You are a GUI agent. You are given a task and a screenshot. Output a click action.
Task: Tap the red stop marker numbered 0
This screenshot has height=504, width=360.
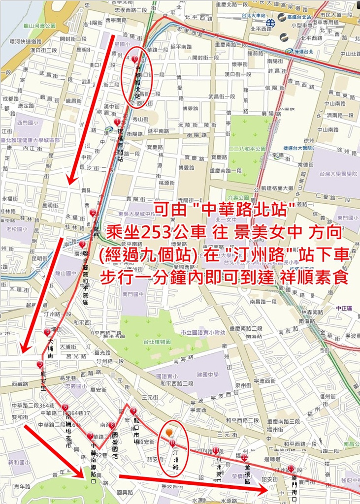pos(135,59)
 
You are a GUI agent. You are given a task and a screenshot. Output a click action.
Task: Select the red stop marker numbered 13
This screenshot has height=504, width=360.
pos(291,469)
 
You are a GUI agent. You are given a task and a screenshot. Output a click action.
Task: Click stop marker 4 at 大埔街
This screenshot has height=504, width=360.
pos(47,332)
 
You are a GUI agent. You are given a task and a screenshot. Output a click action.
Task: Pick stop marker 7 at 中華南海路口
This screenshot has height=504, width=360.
pos(90,436)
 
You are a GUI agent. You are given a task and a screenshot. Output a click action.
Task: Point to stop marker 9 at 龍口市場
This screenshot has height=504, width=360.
pos(133,410)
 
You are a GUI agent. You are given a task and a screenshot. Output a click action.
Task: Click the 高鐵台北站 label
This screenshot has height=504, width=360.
pos(299,17)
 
